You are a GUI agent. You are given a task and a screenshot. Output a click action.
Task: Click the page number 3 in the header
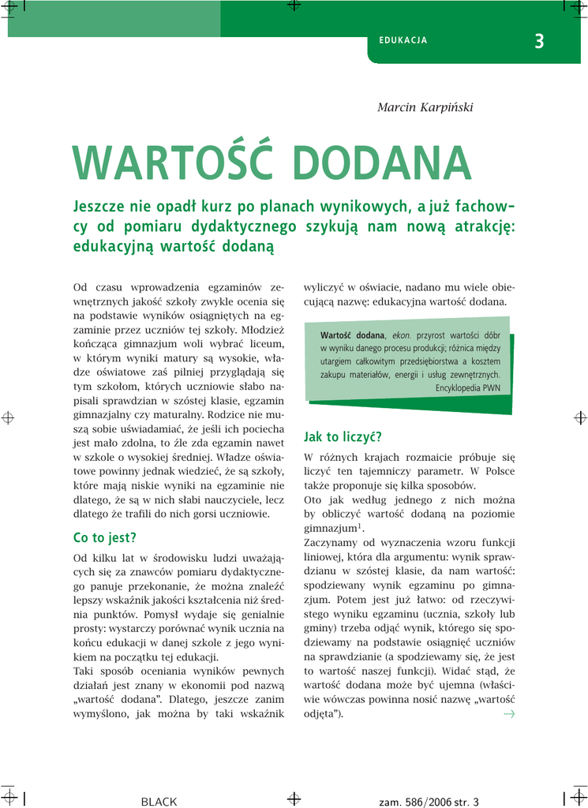tap(539, 42)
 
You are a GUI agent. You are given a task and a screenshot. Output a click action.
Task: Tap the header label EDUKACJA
tap(403, 40)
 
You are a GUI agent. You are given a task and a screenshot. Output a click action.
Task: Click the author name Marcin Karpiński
tap(425, 107)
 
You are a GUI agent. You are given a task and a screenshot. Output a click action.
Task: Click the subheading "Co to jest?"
tap(104, 538)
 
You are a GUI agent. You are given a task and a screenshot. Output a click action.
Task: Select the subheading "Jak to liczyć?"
tap(343, 436)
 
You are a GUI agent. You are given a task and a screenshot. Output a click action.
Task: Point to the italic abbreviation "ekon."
tap(402, 335)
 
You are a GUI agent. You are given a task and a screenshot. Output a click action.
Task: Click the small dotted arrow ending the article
tap(508, 714)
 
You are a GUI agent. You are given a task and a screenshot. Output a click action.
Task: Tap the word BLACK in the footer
tap(159, 802)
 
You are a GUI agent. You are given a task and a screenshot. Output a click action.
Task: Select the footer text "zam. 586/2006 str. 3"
tap(429, 802)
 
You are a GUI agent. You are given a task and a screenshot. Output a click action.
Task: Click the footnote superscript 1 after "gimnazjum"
tap(360, 525)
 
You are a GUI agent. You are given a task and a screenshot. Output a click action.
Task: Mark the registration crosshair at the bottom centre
tap(294, 798)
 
